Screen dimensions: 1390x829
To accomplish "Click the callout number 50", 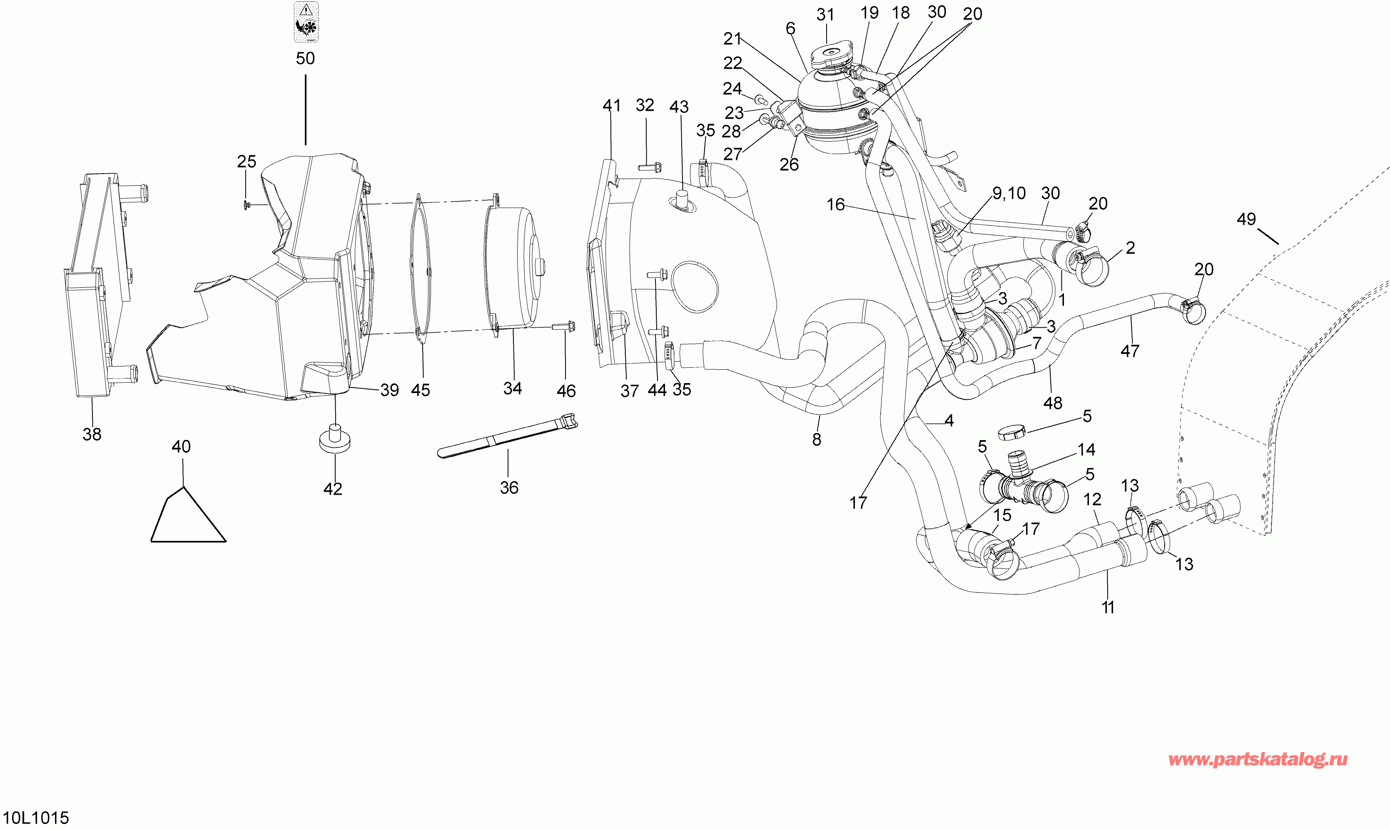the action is tap(305, 58).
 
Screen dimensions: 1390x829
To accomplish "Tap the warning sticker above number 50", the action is tap(306, 22).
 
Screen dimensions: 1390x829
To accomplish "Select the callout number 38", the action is tap(92, 434).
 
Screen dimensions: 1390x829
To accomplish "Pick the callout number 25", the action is tap(247, 162).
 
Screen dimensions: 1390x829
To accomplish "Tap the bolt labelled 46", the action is tap(564, 326).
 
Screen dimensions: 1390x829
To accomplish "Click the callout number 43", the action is tap(679, 107).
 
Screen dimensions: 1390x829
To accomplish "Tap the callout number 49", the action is tap(1246, 219).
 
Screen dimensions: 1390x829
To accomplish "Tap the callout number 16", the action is tap(836, 204).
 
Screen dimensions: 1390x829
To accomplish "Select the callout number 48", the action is tap(1053, 403).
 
